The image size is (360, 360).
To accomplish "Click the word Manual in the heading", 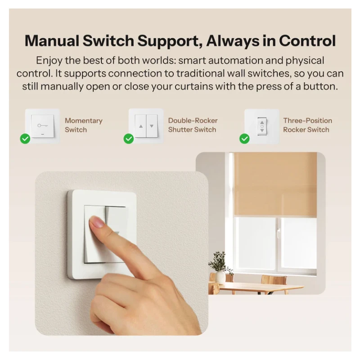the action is [52, 41].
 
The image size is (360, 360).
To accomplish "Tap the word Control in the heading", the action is [307, 41].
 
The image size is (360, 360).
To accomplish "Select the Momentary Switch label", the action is [84, 125].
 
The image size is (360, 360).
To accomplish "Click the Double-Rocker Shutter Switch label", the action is [193, 125].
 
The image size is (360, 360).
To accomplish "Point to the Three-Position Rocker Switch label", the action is [308, 125].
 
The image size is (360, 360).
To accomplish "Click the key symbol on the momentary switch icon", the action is [43, 126].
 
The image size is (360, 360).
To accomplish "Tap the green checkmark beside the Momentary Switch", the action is [25, 139].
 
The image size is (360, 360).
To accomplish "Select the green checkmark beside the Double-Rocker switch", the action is [129, 139].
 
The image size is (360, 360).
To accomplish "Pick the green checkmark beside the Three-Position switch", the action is [244, 139].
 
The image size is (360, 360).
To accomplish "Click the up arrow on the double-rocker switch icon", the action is [141, 126].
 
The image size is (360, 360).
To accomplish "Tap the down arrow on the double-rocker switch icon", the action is [152, 126].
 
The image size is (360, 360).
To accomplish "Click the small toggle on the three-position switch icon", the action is [262, 126].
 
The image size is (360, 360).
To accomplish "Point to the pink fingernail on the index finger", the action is [97, 222].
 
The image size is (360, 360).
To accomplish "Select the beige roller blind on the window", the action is [275, 184].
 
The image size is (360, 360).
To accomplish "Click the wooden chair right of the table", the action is [274, 284].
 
